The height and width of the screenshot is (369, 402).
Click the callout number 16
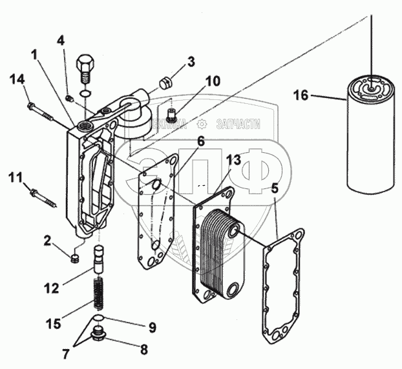(301, 96)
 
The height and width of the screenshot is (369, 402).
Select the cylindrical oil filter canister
(371, 135)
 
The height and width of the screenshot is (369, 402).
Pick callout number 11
(16, 175)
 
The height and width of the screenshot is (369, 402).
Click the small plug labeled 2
(74, 259)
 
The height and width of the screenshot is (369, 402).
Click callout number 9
(152, 328)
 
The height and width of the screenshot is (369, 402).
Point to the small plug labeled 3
(165, 82)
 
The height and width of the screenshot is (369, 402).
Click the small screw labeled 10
(171, 115)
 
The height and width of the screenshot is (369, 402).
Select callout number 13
(234, 159)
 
